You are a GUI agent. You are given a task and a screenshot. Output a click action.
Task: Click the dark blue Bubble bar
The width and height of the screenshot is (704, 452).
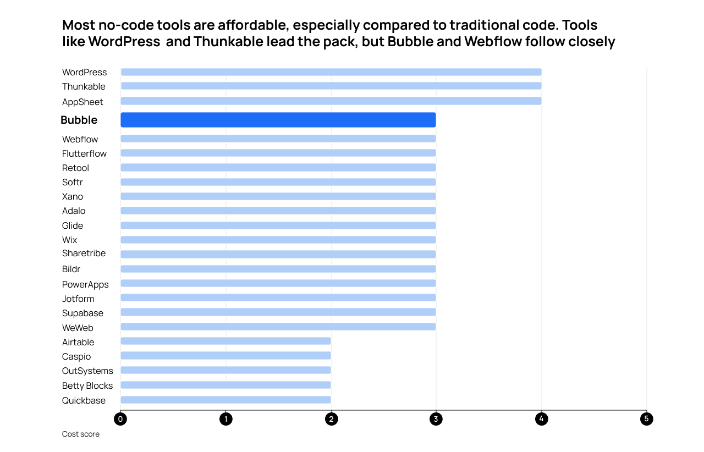[278, 120]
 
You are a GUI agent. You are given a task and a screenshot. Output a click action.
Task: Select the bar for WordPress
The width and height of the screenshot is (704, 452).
[331, 72]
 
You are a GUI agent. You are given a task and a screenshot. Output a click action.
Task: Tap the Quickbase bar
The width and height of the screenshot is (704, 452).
[226, 400]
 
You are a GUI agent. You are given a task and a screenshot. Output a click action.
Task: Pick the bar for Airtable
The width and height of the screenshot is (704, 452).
[226, 341]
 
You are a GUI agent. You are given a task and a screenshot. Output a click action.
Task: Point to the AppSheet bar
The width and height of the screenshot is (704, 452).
[331, 101]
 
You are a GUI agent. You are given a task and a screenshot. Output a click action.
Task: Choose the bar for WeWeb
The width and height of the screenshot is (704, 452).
[278, 327]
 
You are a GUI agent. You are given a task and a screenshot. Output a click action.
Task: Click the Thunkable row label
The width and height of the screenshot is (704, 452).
[84, 86]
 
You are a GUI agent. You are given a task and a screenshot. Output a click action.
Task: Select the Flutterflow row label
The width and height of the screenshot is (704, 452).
[84, 153]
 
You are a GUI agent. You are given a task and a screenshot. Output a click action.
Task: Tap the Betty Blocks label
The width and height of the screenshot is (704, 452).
[87, 385]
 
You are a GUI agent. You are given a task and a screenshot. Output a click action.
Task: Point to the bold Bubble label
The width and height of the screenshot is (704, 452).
[79, 120]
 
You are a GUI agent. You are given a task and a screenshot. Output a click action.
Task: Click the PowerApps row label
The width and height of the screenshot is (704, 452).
[85, 284]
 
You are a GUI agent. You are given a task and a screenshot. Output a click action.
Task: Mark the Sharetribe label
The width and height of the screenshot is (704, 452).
[84, 253]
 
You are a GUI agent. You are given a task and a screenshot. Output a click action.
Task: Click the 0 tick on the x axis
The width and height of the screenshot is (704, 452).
[120, 419]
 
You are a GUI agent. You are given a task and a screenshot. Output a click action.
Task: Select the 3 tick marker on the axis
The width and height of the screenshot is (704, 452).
[436, 419]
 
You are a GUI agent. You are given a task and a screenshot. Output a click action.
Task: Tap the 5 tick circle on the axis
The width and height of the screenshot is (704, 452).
[647, 419]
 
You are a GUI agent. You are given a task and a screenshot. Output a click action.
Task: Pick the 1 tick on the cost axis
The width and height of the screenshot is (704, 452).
[226, 419]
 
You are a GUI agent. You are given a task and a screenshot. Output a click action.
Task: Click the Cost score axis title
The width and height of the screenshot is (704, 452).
[81, 434]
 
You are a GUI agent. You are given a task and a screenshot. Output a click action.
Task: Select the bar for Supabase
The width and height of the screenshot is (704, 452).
[278, 312]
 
